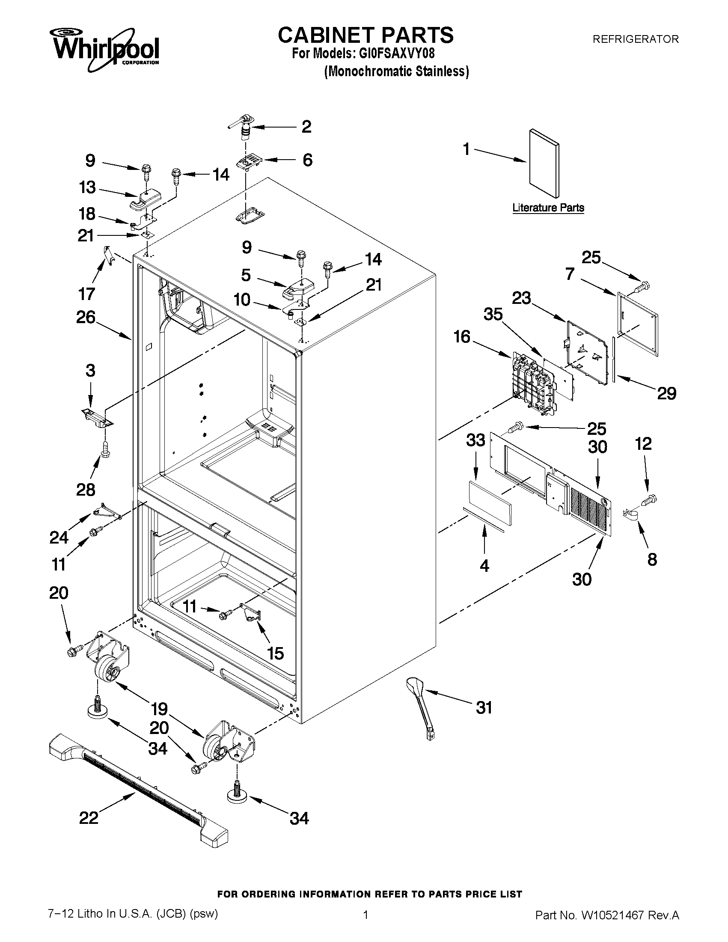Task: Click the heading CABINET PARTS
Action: pyautogui.click(x=365, y=35)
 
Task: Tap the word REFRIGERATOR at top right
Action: pyautogui.click(x=635, y=39)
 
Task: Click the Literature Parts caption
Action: pyautogui.click(x=548, y=208)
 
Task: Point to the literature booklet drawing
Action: pyautogui.click(x=545, y=163)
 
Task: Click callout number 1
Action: pyautogui.click(x=466, y=149)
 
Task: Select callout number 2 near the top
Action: pyautogui.click(x=306, y=127)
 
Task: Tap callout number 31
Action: pyautogui.click(x=484, y=707)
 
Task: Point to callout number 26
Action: pyautogui.click(x=86, y=317)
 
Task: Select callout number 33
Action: pyautogui.click(x=475, y=440)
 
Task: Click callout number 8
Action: pyautogui.click(x=652, y=559)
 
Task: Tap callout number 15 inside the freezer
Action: pyautogui.click(x=275, y=654)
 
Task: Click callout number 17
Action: pyautogui.click(x=87, y=294)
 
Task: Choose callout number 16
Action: pyautogui.click(x=462, y=337)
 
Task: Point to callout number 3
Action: pyautogui.click(x=90, y=371)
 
